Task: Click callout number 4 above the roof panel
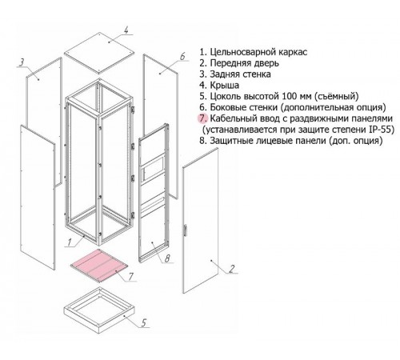coord(126,30)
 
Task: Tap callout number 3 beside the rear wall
coord(22,62)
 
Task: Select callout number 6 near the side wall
coord(182,56)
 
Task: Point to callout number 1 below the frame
coord(69,242)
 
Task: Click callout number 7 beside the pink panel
coord(130,277)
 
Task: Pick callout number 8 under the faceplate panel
coord(167,258)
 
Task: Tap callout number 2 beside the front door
coord(232,269)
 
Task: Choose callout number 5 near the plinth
coord(144,322)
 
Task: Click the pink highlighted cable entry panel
coord(99,266)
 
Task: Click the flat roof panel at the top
coord(99,54)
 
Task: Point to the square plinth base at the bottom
coord(99,310)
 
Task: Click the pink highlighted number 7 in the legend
coord(203,118)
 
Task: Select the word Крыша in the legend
coord(224,86)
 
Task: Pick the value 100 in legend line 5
coord(290,96)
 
